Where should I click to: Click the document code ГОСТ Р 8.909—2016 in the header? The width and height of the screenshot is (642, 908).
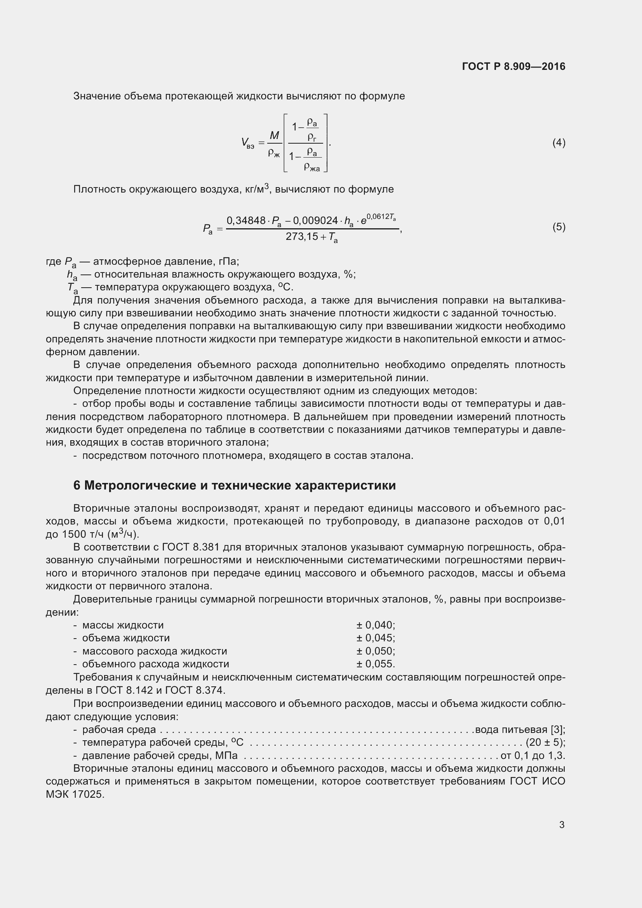[513, 66]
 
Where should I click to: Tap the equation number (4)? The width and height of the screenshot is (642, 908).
[558, 142]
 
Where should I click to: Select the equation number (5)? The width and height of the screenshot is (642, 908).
[558, 227]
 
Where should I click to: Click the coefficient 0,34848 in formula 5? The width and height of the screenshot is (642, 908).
[245, 220]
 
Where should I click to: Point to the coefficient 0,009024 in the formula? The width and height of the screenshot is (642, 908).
[315, 220]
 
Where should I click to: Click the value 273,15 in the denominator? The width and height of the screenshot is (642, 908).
[301, 236]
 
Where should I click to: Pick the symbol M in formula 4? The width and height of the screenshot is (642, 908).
[274, 136]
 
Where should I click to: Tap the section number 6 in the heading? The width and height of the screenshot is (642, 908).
[77, 485]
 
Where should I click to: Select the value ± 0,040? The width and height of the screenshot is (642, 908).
[376, 625]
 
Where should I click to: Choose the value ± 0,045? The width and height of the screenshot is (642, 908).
[376, 638]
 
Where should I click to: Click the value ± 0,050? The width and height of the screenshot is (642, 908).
[376, 651]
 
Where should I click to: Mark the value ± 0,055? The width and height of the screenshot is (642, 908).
[376, 664]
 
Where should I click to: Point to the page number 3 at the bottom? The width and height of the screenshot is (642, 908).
[562, 825]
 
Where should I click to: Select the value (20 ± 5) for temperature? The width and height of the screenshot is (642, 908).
[545, 742]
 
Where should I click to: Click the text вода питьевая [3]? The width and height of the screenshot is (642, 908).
[520, 729]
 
